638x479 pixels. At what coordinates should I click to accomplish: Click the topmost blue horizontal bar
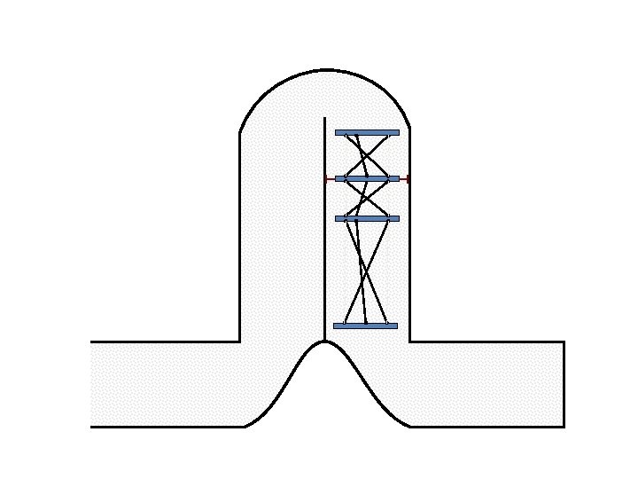click(x=367, y=132)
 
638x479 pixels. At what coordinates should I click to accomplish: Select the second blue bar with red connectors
click(x=367, y=178)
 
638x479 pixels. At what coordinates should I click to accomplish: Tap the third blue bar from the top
click(x=367, y=218)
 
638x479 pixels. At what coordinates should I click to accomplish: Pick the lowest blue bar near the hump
click(x=365, y=326)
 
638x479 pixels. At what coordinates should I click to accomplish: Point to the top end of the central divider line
click(x=325, y=117)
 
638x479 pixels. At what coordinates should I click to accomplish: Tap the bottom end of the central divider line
click(x=325, y=341)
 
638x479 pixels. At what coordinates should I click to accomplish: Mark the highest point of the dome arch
click(x=325, y=69)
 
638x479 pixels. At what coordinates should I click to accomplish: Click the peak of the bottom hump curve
click(x=325, y=342)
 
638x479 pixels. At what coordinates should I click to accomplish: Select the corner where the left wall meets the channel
click(x=240, y=342)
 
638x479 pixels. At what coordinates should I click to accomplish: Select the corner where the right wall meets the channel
click(x=409, y=342)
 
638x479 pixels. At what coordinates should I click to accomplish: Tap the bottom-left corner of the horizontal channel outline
click(x=90, y=427)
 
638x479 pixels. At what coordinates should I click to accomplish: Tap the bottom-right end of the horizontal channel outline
click(x=564, y=427)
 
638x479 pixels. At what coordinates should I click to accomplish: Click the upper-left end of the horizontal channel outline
click(x=90, y=342)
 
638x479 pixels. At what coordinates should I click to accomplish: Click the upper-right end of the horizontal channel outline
click(x=564, y=342)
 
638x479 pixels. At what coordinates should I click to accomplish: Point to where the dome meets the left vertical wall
click(x=240, y=133)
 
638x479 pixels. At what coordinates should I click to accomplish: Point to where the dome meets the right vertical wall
click(x=409, y=130)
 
